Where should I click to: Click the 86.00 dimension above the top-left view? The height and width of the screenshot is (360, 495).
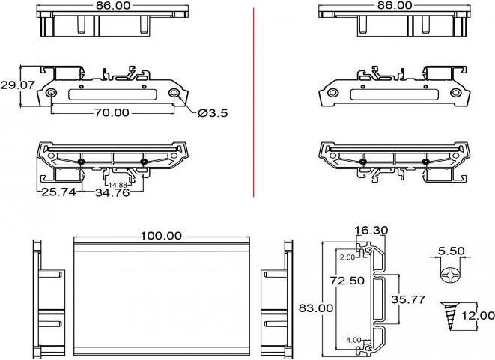tap(113, 5)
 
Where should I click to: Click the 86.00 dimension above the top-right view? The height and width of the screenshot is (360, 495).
tap(395, 5)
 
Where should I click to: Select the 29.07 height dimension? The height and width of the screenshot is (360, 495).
tap(17, 85)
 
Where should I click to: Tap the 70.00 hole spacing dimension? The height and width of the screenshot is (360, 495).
tap(111, 113)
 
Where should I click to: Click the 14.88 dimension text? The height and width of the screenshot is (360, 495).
tap(118, 185)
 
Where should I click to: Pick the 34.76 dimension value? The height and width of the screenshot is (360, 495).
tap(112, 193)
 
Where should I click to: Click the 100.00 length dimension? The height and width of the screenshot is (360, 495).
tap(161, 235)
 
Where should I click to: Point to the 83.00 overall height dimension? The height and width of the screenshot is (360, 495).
tap(316, 308)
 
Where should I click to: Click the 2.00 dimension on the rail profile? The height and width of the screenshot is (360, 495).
tap(347, 257)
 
